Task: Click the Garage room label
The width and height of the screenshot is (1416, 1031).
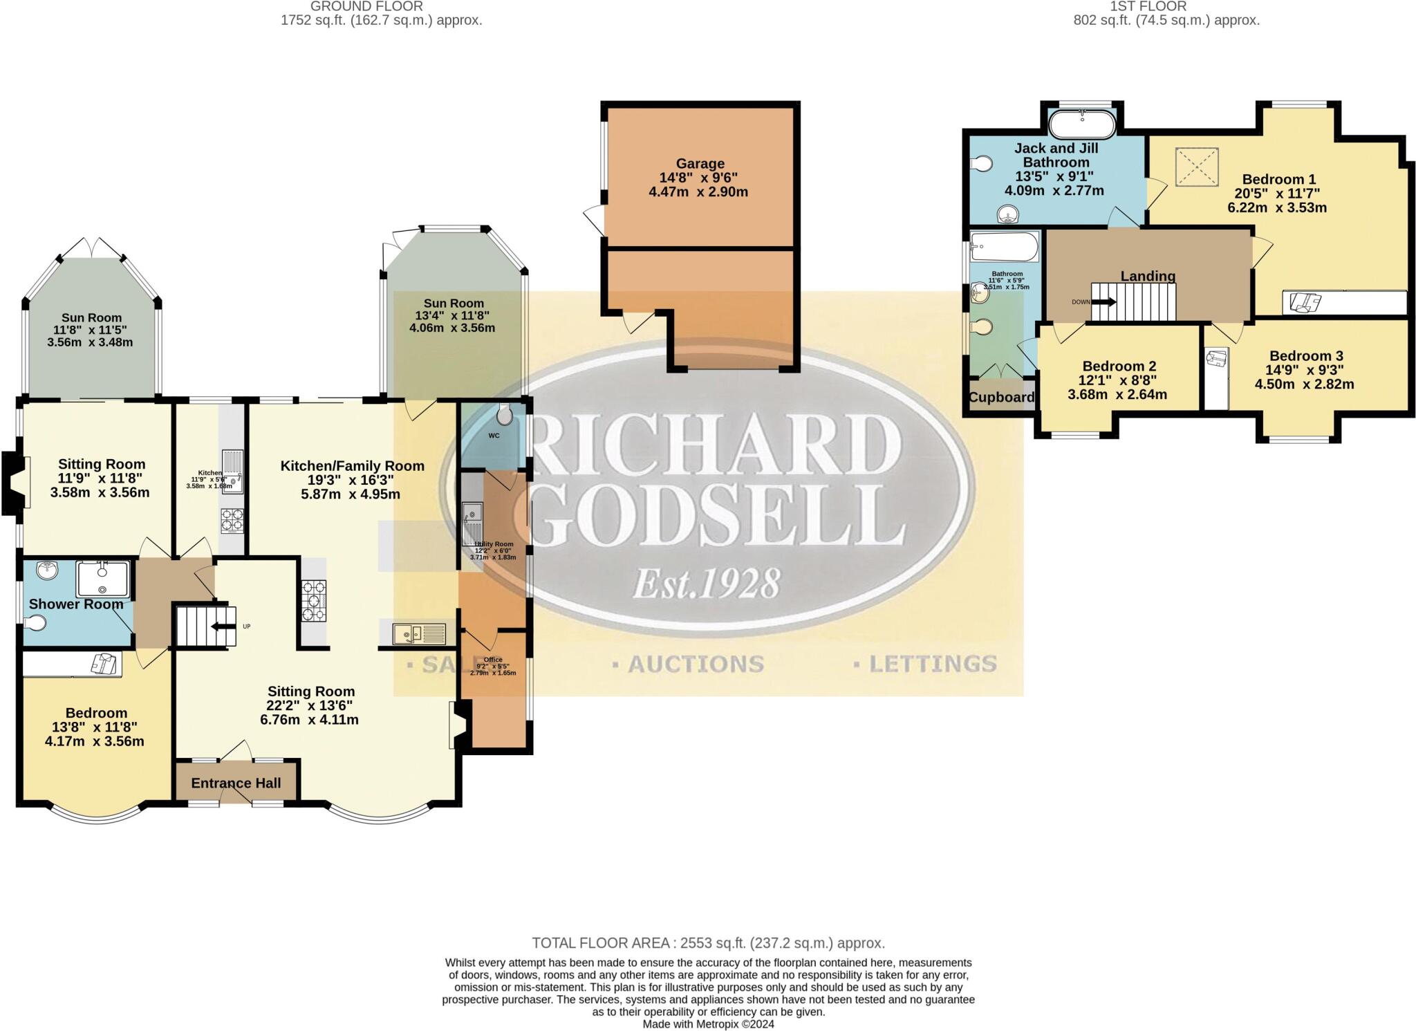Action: pos(700,164)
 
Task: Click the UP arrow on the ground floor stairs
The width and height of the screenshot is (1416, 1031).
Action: pos(223,626)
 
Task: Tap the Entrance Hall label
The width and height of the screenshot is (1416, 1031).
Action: pos(236,783)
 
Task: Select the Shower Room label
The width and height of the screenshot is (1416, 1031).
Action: pos(76,604)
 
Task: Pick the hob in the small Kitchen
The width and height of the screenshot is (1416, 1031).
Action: pos(232,520)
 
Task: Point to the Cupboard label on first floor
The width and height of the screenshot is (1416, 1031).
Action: pos(1001,398)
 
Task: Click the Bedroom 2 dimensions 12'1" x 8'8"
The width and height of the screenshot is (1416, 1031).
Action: pos(1117,380)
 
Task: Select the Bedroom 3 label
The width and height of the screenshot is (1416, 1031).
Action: pos(1305,356)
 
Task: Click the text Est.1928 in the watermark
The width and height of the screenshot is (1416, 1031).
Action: pos(706,583)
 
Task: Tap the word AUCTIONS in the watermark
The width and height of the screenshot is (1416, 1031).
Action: pos(696,665)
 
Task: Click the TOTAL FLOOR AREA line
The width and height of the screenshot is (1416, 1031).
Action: pos(708,943)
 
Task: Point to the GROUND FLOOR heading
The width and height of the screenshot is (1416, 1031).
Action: pos(366,6)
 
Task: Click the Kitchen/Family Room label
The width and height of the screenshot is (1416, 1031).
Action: pos(352,466)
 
